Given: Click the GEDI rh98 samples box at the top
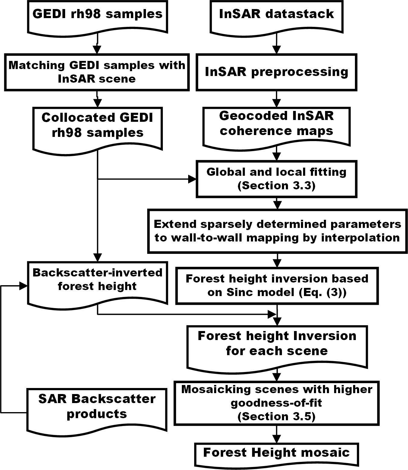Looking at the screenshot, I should [97, 15].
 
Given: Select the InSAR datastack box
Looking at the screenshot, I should [277, 15].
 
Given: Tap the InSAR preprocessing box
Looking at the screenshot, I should [277, 72].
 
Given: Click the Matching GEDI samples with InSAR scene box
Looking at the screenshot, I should [97, 72].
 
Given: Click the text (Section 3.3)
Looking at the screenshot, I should [277, 186].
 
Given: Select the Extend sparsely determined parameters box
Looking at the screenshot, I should [277, 231].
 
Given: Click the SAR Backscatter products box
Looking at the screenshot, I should [97, 407].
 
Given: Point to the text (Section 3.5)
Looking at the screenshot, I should [277, 417].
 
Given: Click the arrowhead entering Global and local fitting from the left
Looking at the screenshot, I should [192, 179].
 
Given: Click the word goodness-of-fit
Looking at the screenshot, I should [277, 403].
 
